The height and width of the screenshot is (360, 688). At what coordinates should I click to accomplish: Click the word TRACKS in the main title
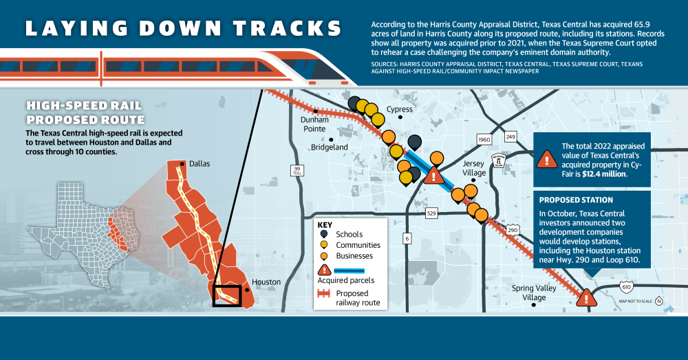[283, 28]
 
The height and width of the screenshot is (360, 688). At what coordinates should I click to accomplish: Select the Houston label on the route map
[266, 282]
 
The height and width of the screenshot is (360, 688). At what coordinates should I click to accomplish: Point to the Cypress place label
[399, 109]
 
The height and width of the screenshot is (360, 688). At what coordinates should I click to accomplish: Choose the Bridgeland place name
[330, 147]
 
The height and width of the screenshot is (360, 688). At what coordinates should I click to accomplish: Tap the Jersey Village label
[473, 168]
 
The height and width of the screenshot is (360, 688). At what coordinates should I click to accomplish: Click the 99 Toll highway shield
[297, 170]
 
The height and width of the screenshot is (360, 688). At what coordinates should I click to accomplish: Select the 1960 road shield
[484, 140]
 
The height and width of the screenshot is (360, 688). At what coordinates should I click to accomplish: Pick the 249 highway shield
[510, 136]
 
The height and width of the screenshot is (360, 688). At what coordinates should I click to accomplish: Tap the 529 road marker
[432, 214]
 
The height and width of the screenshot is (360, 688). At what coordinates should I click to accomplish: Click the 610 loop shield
[625, 286]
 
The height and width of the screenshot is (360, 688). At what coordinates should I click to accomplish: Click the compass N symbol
[658, 301]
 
